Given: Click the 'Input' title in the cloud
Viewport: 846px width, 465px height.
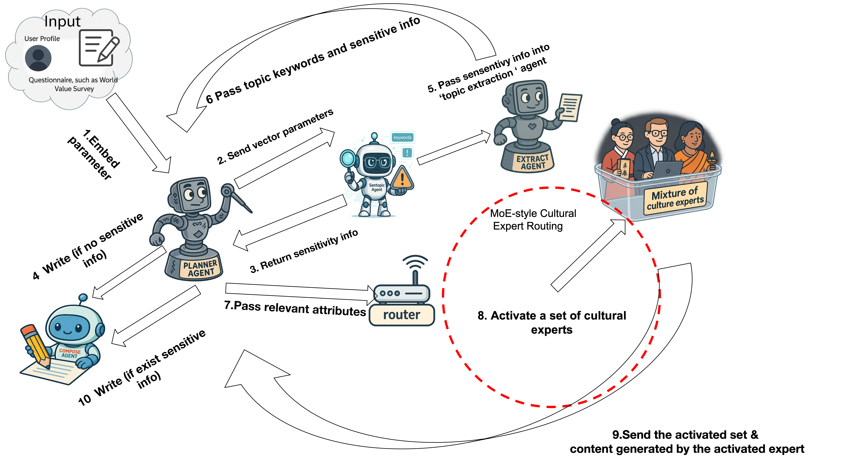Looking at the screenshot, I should click(62, 22).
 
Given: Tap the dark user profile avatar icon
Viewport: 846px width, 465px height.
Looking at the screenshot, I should click(38, 58).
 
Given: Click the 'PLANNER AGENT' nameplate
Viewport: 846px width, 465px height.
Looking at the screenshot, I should click(200, 268).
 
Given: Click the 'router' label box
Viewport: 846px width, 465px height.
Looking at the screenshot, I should click(402, 315).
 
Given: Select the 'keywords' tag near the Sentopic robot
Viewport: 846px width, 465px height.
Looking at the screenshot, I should click(402, 138).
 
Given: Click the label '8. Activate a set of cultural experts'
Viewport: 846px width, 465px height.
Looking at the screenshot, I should click(552, 322).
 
